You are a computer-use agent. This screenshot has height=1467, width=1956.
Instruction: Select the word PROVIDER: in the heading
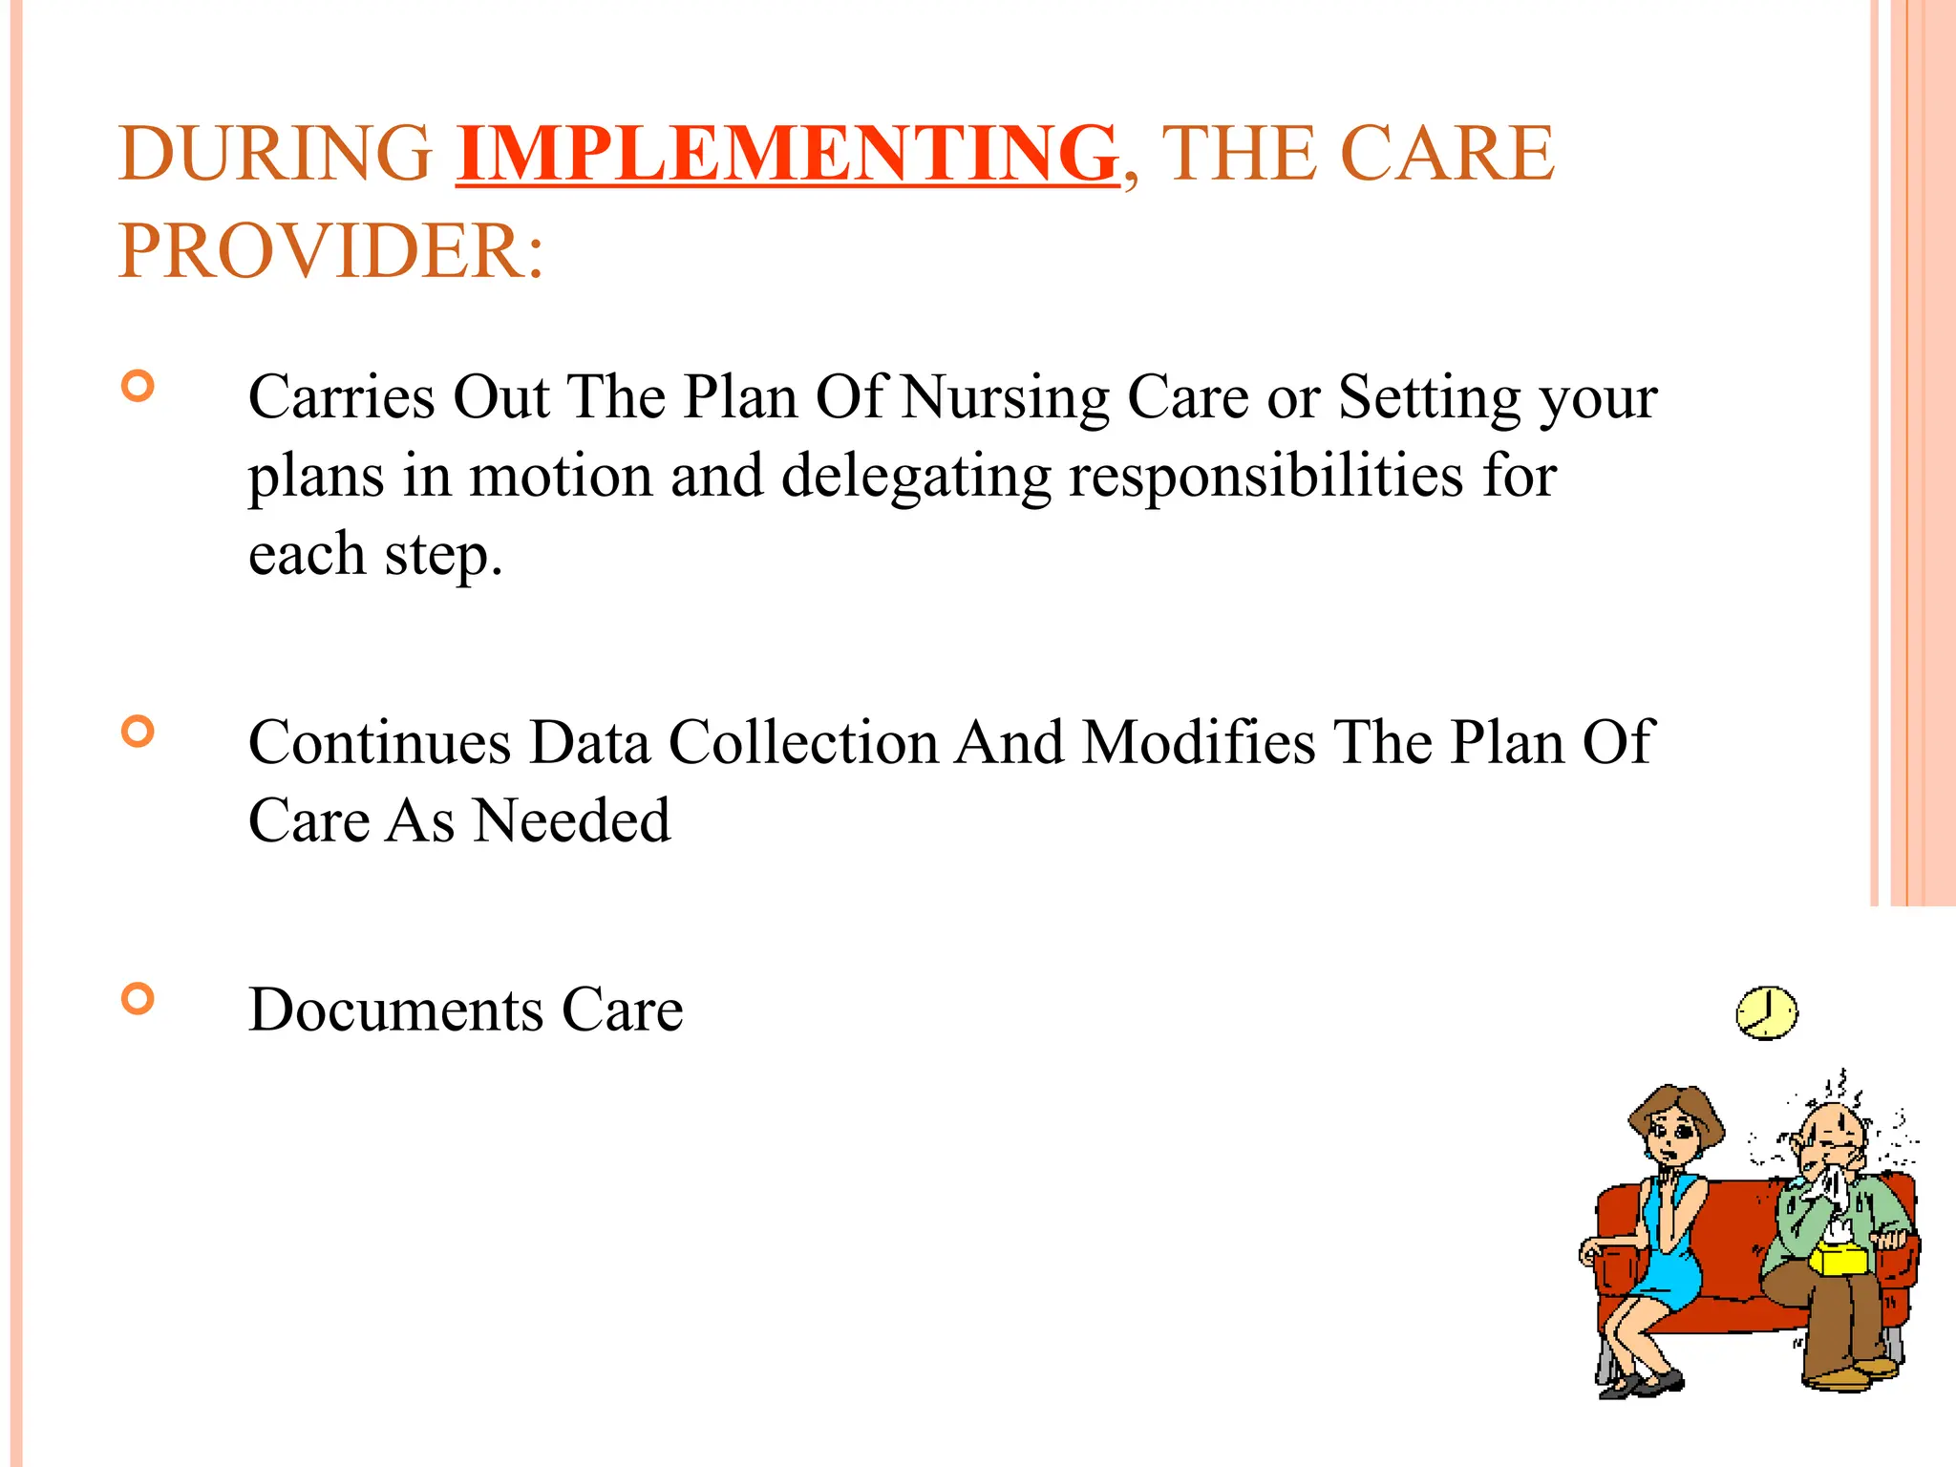point(330,251)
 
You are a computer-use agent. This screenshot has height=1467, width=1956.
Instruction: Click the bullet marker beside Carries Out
point(138,387)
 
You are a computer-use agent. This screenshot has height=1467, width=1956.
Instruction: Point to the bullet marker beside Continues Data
point(138,733)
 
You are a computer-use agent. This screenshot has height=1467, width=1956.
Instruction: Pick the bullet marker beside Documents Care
point(138,999)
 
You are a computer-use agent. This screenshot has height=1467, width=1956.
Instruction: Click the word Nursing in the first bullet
point(1005,397)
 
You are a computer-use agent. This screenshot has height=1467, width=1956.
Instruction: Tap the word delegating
point(915,476)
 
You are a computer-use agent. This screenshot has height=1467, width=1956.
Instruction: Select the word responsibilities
point(1265,476)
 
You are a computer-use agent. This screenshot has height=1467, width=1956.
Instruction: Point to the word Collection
point(803,742)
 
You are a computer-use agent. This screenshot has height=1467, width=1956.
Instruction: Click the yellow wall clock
point(1766,1013)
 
